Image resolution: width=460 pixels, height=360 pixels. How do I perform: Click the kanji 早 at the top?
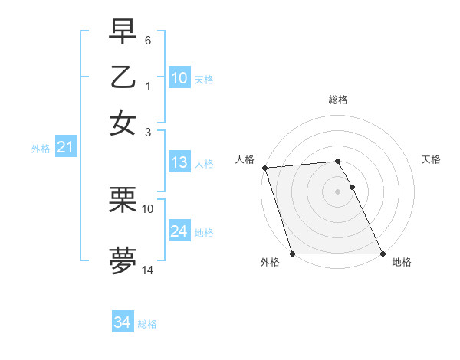(x=123, y=31)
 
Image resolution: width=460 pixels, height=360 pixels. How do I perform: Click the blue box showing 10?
(x=179, y=78)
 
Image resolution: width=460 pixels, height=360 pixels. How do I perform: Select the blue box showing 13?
(x=179, y=162)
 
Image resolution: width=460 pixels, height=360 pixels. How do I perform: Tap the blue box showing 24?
(x=179, y=231)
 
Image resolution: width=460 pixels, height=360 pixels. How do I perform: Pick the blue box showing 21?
(x=64, y=148)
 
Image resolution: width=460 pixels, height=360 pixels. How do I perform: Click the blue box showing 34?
(x=122, y=323)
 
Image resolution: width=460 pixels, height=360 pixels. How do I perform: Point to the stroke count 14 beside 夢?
(x=148, y=270)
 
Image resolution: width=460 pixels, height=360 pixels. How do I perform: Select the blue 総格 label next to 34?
(x=147, y=324)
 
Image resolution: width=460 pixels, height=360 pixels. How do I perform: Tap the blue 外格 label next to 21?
(x=41, y=149)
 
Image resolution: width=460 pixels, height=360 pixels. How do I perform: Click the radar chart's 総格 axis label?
(x=337, y=100)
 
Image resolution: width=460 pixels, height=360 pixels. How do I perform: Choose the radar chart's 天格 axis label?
(x=431, y=159)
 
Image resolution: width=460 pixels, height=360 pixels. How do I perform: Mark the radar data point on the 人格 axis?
(x=264, y=168)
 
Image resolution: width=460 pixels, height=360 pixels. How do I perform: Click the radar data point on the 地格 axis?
(x=383, y=254)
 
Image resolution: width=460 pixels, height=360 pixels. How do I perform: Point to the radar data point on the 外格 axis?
(x=292, y=254)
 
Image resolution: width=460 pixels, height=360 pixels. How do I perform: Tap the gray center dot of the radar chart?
(x=337, y=191)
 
